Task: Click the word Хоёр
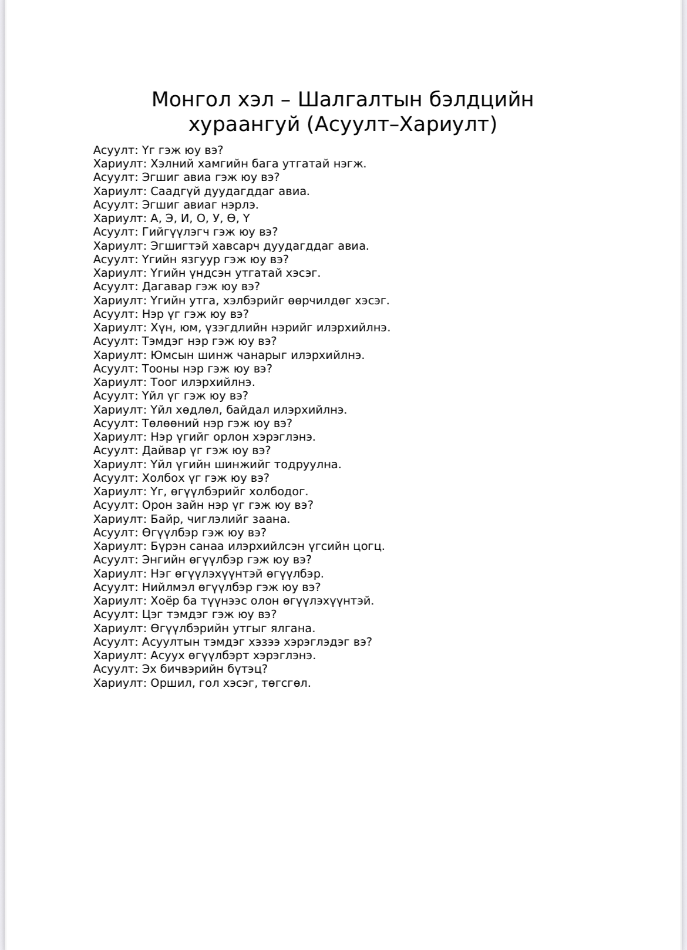pos(163,601)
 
